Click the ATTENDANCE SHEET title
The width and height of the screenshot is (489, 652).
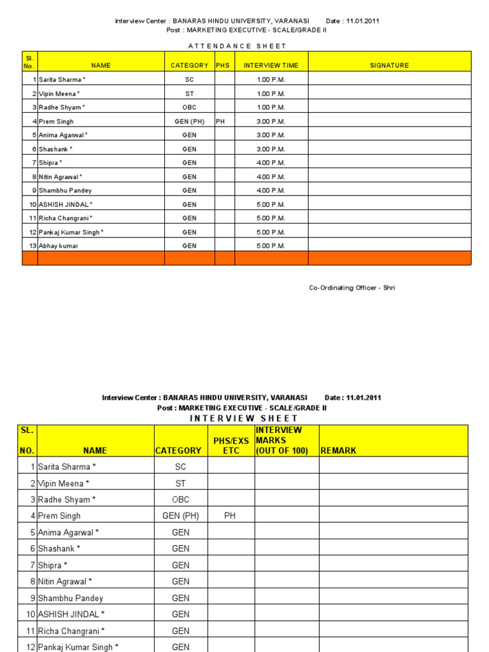click(x=237, y=46)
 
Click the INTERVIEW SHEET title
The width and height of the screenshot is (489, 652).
click(x=244, y=418)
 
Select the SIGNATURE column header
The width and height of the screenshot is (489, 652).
click(x=389, y=65)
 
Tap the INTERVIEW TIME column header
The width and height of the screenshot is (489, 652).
click(x=271, y=65)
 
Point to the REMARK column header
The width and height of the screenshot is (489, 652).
click(x=339, y=450)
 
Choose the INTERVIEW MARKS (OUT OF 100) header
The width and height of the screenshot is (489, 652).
click(x=281, y=441)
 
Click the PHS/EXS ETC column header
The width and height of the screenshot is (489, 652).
click(x=230, y=446)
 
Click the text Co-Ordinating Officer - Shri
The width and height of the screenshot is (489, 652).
click(x=352, y=288)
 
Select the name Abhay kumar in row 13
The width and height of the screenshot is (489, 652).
click(x=59, y=246)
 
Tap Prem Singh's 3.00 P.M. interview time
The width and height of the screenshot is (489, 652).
click(x=271, y=121)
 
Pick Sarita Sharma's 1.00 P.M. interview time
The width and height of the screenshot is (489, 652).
click(x=271, y=80)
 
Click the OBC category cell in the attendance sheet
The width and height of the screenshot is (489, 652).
click(x=189, y=108)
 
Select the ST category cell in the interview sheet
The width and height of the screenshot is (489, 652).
click(x=181, y=483)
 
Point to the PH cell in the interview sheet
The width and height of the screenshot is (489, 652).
click(x=230, y=516)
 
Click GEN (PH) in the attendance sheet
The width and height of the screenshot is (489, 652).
click(x=189, y=121)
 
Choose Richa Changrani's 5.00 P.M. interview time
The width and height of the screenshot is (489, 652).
click(x=271, y=218)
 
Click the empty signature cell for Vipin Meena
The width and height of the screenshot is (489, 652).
click(x=389, y=94)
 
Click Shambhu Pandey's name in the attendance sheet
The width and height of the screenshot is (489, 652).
click(x=65, y=190)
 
